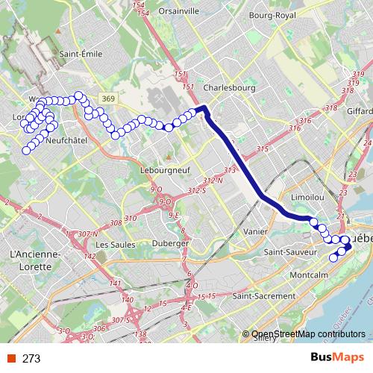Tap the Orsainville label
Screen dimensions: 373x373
(x=178, y=11)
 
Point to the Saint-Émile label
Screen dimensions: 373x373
(x=81, y=54)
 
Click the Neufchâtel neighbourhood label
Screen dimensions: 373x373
(x=67, y=140)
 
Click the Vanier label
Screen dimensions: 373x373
(x=254, y=231)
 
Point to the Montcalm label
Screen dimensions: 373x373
(x=308, y=275)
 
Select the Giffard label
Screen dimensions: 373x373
(x=360, y=110)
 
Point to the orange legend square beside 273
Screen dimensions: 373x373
(x=10, y=359)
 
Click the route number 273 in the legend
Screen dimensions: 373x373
(x=31, y=359)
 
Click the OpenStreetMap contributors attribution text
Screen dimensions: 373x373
(x=309, y=334)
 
